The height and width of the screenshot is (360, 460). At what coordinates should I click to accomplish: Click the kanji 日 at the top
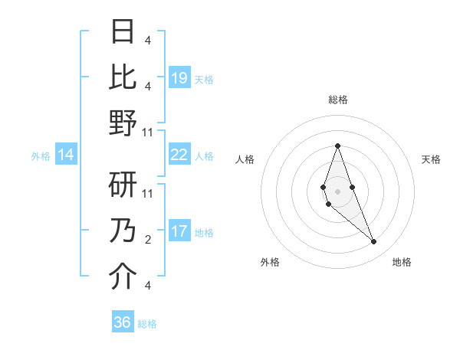123,32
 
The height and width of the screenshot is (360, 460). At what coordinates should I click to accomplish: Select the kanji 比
123,77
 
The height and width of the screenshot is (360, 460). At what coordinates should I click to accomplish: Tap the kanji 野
123,123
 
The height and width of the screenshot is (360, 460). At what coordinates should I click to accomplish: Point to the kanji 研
123,185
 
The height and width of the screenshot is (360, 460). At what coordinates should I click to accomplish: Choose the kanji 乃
123,231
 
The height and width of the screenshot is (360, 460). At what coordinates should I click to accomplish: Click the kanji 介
123,277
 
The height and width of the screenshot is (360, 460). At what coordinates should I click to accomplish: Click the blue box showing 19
179,77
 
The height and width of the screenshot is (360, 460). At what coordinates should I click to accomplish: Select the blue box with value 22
179,155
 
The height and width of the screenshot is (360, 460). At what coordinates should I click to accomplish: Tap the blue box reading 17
179,231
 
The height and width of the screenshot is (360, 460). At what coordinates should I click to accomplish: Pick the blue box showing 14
66,155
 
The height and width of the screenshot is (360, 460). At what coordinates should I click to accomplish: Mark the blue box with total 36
123,322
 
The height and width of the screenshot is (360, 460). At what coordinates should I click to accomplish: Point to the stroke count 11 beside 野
149,133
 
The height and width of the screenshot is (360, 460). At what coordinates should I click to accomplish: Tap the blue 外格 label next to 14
41,155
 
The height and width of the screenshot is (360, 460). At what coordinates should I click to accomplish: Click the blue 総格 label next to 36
147,323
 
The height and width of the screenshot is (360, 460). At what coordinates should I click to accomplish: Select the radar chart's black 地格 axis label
402,262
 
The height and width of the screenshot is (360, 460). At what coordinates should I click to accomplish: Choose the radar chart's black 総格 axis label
338,100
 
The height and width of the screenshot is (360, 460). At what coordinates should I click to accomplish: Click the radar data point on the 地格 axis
373,242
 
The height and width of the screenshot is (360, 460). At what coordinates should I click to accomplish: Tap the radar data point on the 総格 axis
337,146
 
